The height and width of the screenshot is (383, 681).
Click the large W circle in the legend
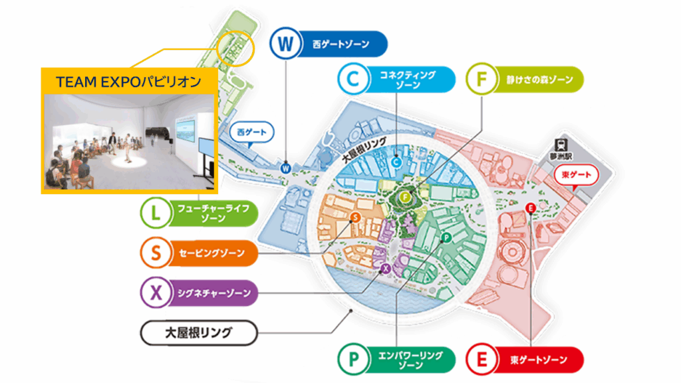[285, 43]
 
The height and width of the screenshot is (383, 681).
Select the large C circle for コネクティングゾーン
[353, 79]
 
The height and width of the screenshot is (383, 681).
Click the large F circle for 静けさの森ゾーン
[481, 79]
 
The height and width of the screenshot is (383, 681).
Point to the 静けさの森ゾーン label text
[539, 80]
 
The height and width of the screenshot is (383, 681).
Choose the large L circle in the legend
[156, 213]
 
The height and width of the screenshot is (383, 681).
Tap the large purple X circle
[156, 293]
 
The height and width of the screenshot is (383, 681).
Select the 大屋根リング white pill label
[199, 332]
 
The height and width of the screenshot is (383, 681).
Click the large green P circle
[353, 360]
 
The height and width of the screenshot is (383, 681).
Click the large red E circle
[481, 360]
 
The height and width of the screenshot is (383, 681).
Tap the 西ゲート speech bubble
[251, 132]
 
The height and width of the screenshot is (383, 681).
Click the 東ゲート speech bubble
[576, 175]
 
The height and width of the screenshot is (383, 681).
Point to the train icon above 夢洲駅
[561, 144]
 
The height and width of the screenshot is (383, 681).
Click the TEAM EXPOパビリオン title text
[128, 82]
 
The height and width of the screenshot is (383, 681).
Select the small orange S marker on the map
[355, 217]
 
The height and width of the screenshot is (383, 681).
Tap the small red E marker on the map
[530, 208]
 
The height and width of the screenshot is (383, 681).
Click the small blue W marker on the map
[285, 168]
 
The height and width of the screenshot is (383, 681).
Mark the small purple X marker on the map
[386, 269]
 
